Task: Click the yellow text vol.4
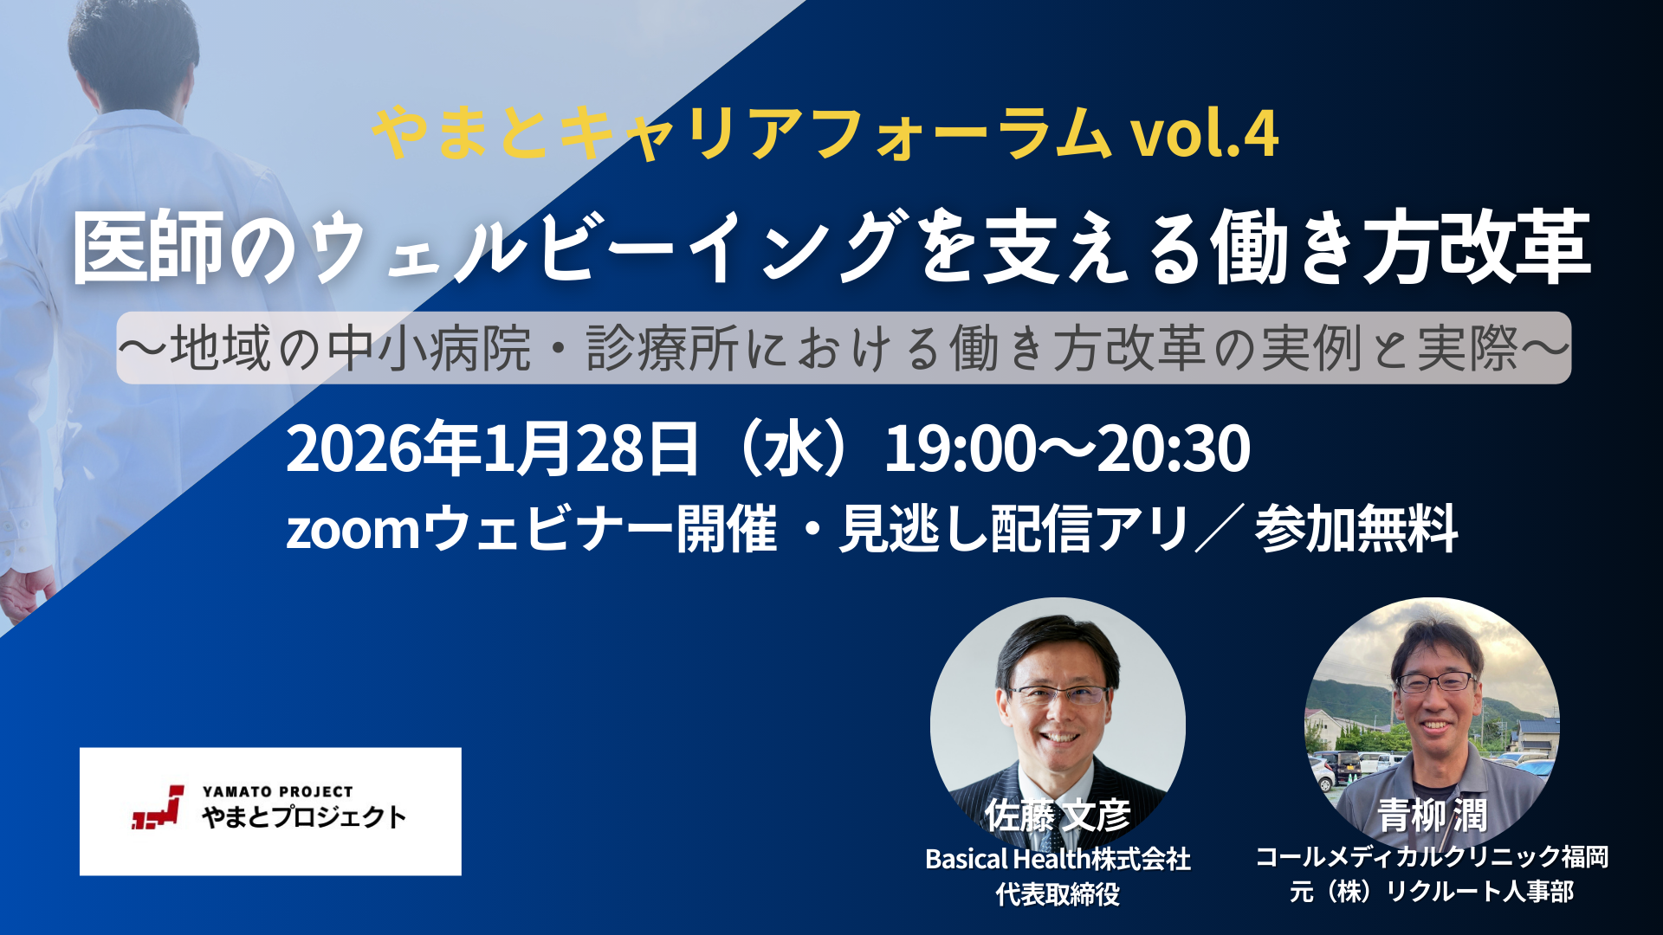coord(1206,134)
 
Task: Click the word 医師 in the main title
coord(149,248)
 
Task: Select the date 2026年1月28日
coord(492,448)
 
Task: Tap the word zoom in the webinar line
coord(353,530)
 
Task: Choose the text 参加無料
coord(1356,529)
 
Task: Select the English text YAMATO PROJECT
coord(277,791)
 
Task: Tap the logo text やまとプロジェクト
coord(304,816)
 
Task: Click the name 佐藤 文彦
coord(1058,816)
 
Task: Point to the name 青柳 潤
coord(1433,816)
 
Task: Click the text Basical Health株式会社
coord(1058,859)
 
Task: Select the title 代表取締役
coord(1058,894)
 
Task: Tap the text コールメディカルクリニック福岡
coord(1433,857)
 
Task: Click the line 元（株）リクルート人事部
coord(1432,892)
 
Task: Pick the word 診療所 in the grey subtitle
coord(662,348)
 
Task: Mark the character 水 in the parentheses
coord(790,448)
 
